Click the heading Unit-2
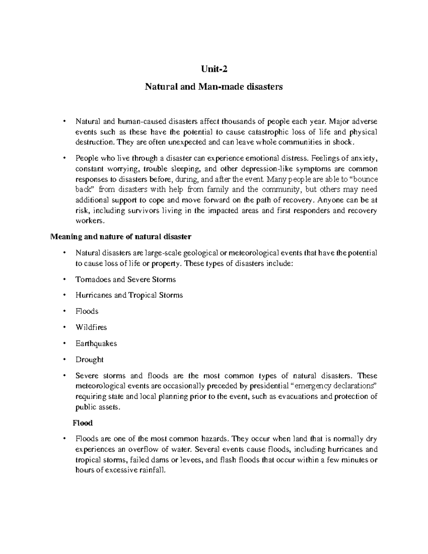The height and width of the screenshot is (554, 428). [x=214, y=69]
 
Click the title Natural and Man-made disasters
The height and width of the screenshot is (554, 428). [x=214, y=87]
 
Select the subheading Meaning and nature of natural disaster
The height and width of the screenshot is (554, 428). [x=121, y=237]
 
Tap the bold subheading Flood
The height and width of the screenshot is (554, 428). [x=83, y=423]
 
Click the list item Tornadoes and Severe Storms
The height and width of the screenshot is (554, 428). [x=126, y=279]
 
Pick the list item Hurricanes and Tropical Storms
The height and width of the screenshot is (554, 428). [x=129, y=295]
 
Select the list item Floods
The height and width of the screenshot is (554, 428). [x=87, y=311]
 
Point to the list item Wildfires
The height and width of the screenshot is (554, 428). [x=91, y=327]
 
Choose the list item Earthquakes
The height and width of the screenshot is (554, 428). [x=96, y=344]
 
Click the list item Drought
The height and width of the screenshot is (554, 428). [x=89, y=360]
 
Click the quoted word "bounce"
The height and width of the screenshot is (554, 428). [x=363, y=179]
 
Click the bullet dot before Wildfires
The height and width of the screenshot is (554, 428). [x=64, y=327]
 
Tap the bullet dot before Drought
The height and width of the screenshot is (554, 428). [x=64, y=360]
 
